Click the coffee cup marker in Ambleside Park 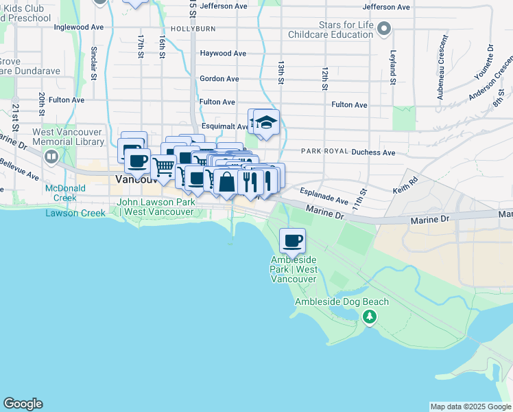click(293, 241)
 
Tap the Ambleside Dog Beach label click(342, 301)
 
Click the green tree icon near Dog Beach click(370, 317)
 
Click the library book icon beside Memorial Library click(51, 157)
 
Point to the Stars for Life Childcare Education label click(331, 30)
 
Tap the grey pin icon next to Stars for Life click(383, 30)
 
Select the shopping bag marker click(227, 183)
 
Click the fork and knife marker click(250, 181)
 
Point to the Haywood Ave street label click(222, 53)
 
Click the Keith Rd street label click(405, 186)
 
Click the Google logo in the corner click(23, 404)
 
